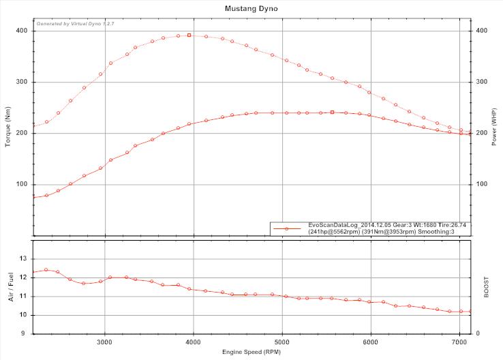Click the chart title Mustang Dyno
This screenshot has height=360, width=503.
click(x=251, y=9)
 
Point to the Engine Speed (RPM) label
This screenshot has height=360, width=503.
click(x=251, y=352)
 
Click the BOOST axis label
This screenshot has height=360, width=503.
click(x=486, y=286)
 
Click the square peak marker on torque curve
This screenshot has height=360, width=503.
click(x=189, y=35)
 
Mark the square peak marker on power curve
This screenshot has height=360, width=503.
click(x=332, y=112)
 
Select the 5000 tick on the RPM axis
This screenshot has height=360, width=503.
click(x=282, y=342)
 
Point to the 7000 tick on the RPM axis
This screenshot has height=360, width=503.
click(x=460, y=342)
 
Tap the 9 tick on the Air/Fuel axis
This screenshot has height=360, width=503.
click(x=25, y=333)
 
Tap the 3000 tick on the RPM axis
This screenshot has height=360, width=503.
click(x=105, y=342)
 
